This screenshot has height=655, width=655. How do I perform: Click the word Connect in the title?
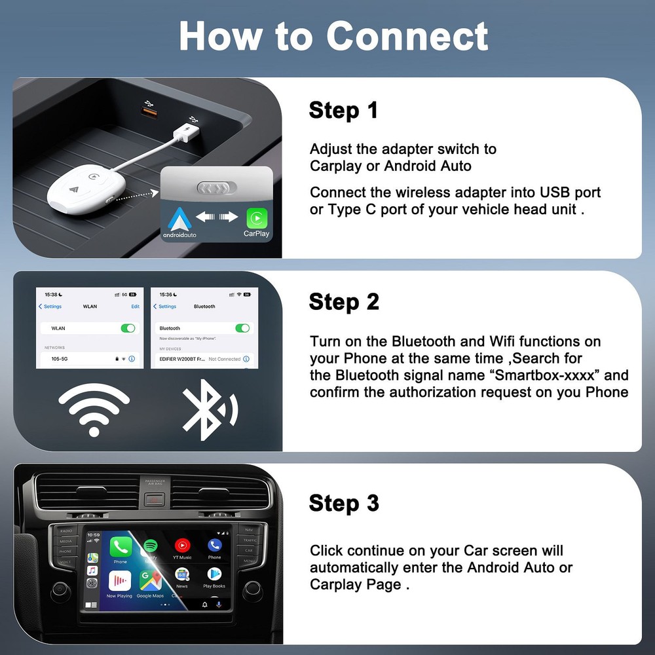point(407,36)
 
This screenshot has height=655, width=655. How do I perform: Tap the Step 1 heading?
point(343,111)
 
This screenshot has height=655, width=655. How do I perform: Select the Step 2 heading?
point(344,302)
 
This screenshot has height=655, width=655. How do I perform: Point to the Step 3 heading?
point(344,504)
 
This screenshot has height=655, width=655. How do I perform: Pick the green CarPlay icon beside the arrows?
point(256,217)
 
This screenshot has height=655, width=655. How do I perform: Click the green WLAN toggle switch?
point(128,327)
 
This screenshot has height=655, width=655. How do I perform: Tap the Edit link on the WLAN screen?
point(135,307)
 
